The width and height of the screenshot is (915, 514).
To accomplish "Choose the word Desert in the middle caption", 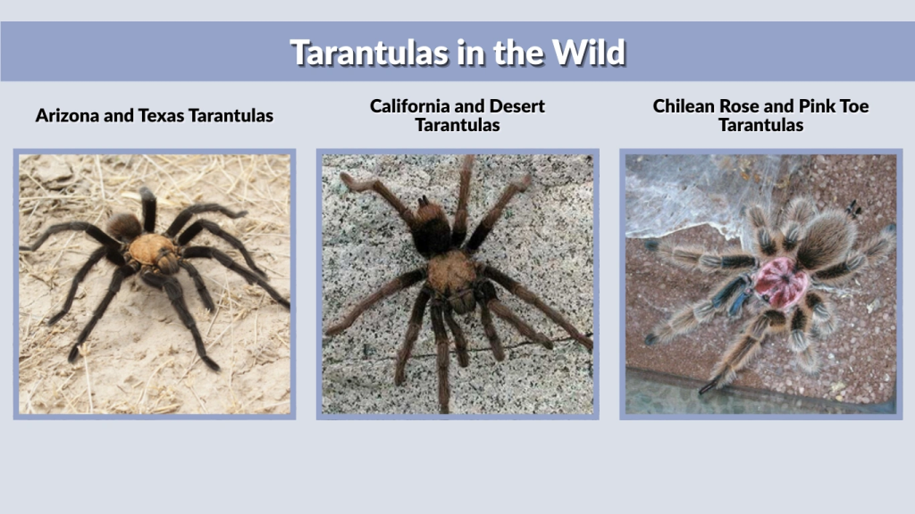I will [514, 106].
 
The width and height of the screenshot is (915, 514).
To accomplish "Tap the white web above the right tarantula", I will [679, 192].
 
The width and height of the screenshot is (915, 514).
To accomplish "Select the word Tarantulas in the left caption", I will [231, 115].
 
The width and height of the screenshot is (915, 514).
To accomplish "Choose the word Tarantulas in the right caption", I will [760, 125].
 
